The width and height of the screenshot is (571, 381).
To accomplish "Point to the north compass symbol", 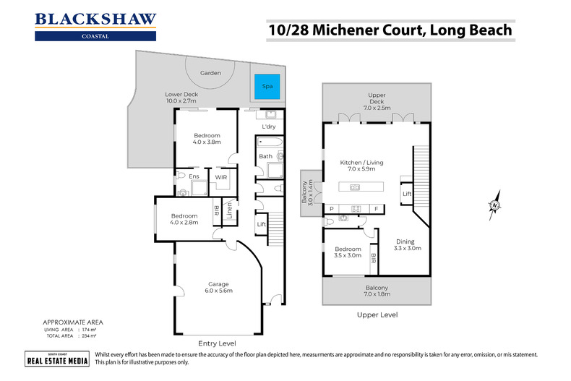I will pos(494,205).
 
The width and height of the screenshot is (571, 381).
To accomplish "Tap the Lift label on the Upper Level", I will pos(408,194).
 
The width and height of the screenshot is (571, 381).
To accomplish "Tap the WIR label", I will pos(219,176).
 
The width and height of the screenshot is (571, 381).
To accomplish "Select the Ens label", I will pos(194,176).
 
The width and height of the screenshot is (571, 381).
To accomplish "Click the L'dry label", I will pos(267,128).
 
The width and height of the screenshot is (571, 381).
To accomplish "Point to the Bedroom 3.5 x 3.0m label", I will pos(343,253).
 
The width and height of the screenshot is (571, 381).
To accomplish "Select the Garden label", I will pos(210,73).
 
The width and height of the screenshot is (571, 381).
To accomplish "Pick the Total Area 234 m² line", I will pos(70,337).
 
